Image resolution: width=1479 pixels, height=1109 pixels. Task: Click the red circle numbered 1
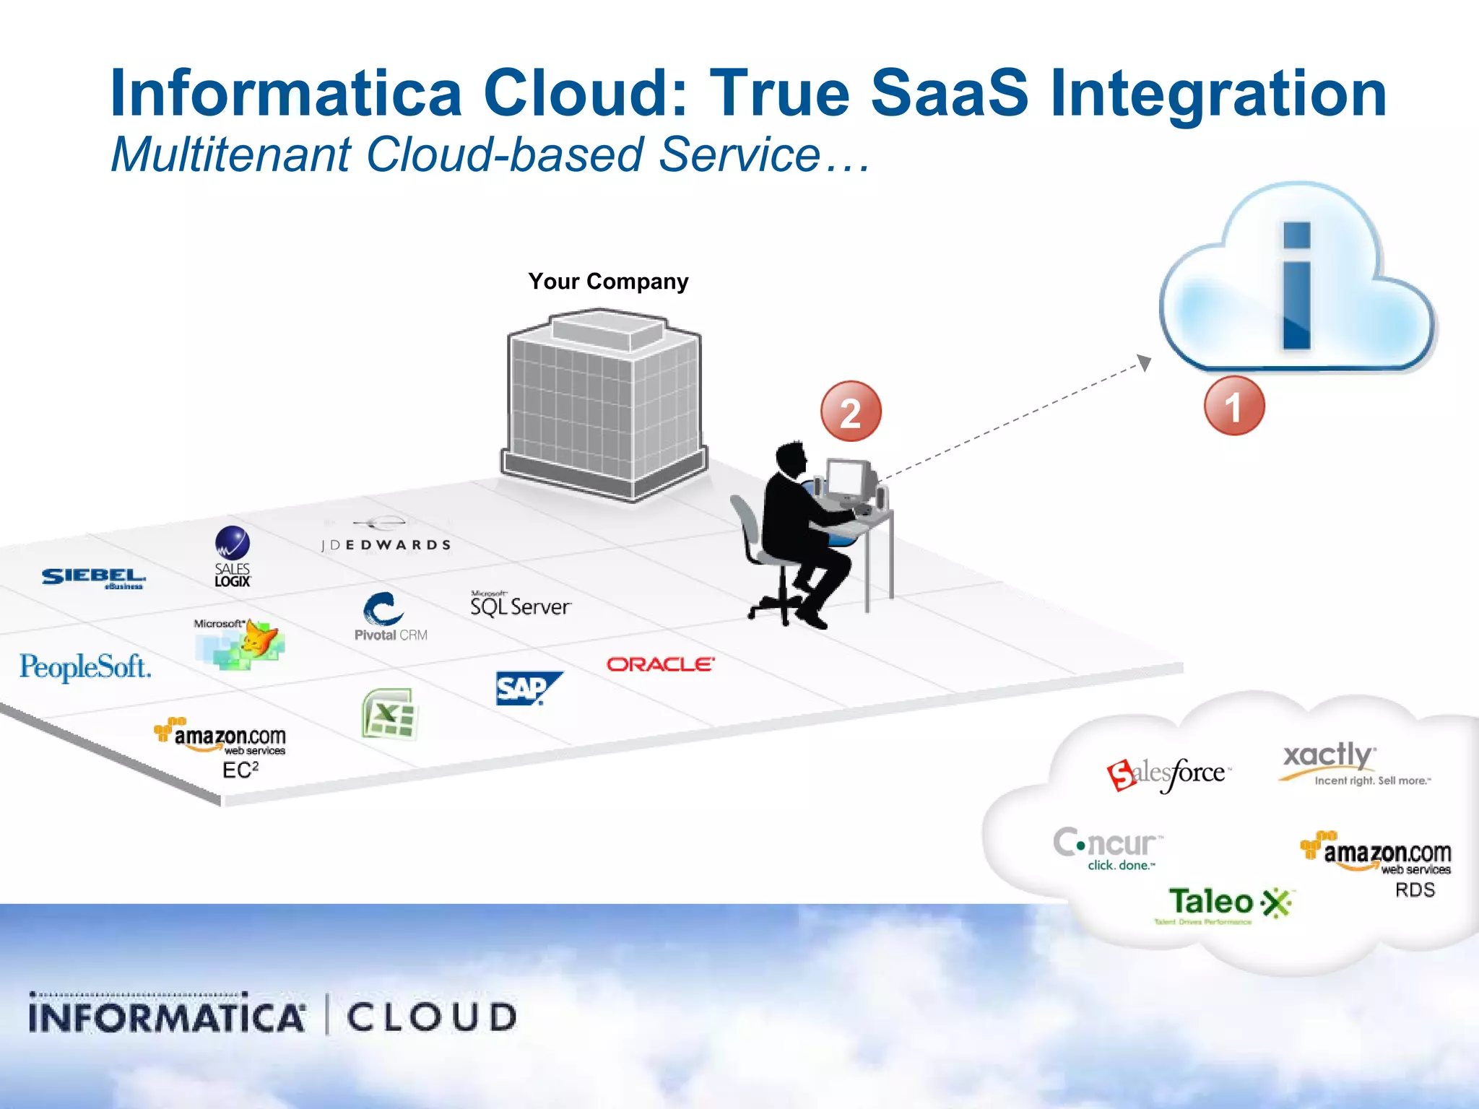point(1233,406)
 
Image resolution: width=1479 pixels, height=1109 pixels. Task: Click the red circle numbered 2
point(851,412)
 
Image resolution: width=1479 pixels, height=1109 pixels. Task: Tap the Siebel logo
point(94,578)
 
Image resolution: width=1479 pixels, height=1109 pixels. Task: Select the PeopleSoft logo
point(85,667)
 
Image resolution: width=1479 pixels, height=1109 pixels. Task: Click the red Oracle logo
point(660,664)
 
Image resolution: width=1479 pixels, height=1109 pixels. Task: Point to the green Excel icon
point(389,714)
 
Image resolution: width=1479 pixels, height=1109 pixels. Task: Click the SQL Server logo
point(520,604)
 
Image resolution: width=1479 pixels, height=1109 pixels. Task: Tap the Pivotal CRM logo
point(389,617)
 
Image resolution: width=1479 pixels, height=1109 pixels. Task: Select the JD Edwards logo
point(386,537)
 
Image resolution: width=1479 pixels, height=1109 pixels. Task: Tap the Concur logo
point(1107,848)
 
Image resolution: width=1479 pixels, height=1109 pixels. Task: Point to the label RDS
point(1415,890)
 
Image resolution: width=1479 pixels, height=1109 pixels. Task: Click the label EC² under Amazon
point(240,770)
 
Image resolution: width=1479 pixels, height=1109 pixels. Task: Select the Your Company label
point(608,281)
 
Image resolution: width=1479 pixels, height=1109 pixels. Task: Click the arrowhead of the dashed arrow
point(1144,361)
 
